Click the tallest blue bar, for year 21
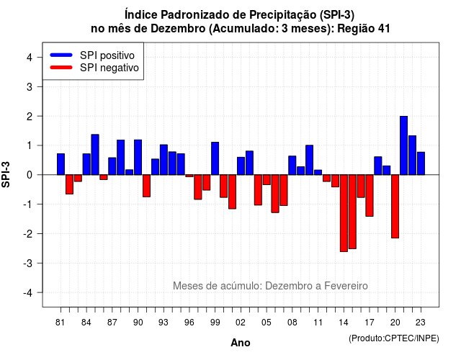[x=403, y=145]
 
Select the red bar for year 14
[x=344, y=213]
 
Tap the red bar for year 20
[x=395, y=207]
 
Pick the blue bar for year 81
[x=61, y=164]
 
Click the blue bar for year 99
[x=215, y=158]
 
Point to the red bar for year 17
[x=370, y=195]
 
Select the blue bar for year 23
[x=421, y=163]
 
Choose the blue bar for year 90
[x=138, y=157]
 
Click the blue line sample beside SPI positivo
[x=61, y=55]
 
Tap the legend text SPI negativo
[x=109, y=68]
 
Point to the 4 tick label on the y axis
[x=30, y=58]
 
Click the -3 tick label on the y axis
[x=27, y=264]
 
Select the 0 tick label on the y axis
[x=30, y=175]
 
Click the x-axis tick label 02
[x=241, y=323]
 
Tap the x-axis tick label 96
[x=189, y=323]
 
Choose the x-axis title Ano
[x=241, y=343]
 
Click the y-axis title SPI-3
[x=6, y=174]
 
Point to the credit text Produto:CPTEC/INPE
[x=394, y=338]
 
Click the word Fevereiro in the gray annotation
[x=346, y=286]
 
